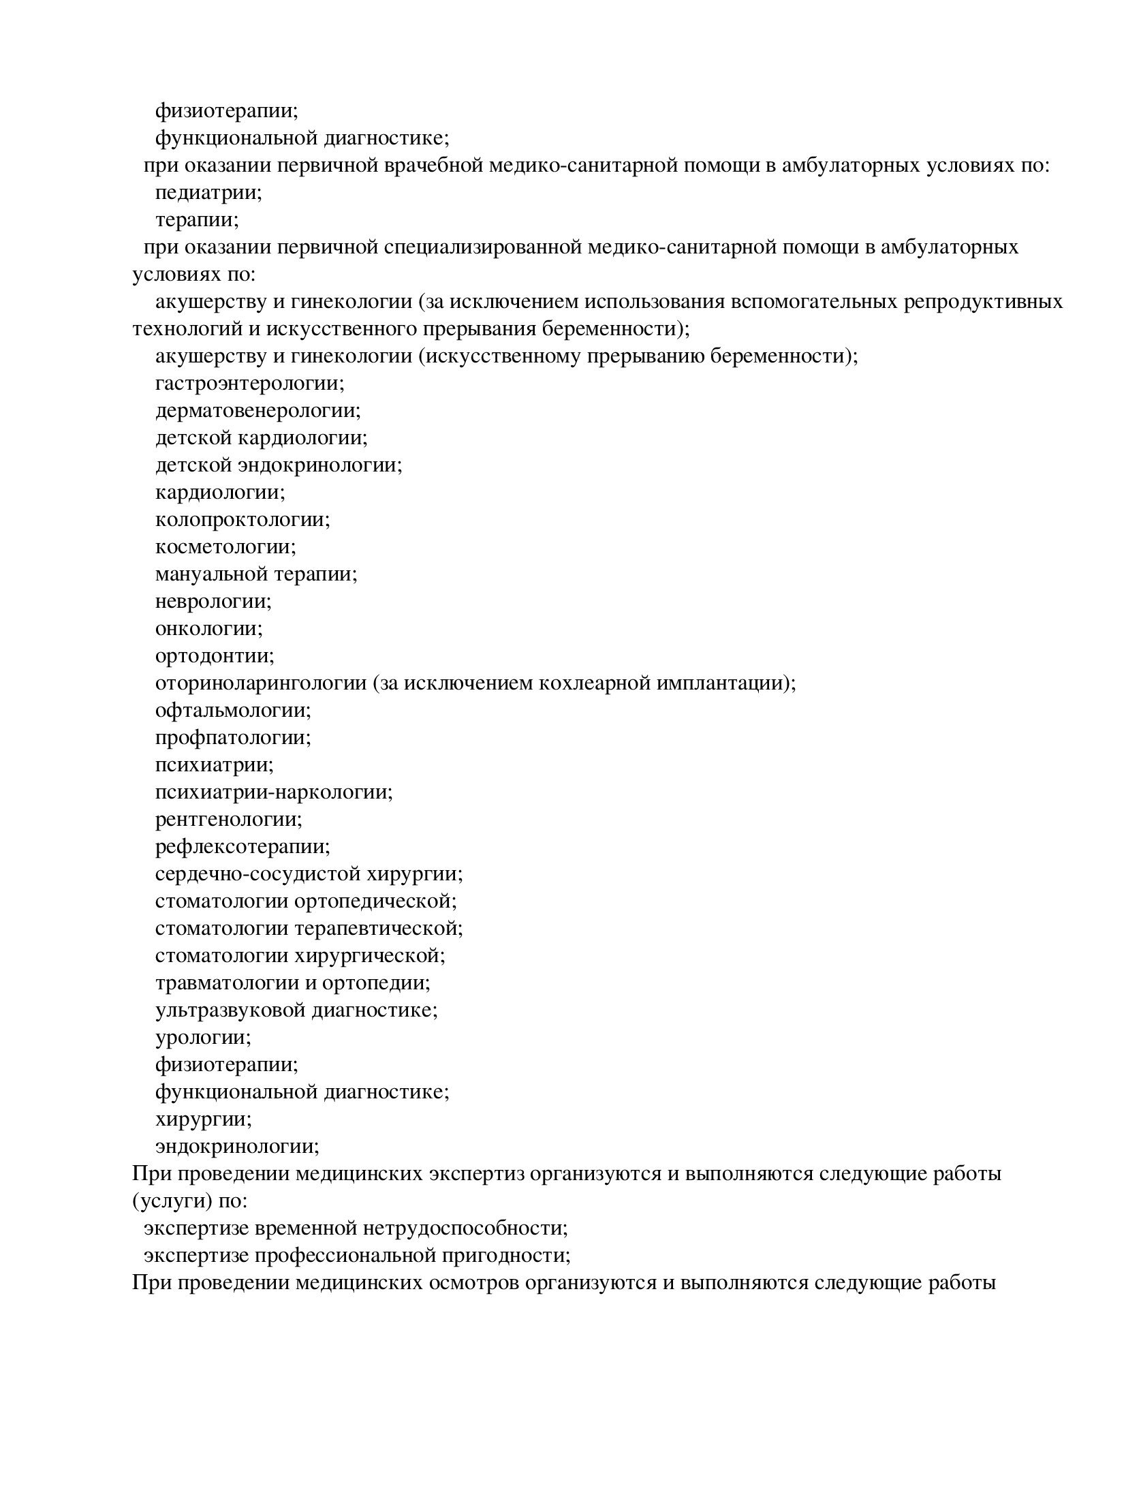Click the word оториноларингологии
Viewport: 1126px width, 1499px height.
260,683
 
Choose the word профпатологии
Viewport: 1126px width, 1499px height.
232,738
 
